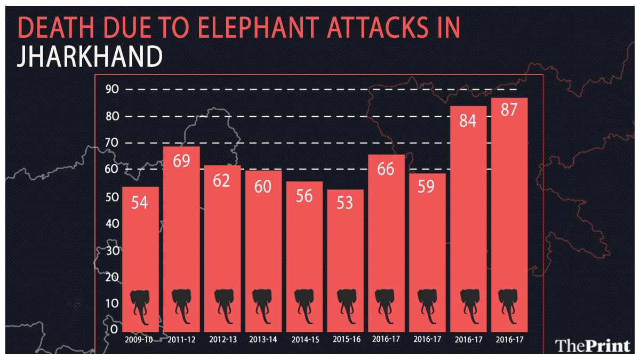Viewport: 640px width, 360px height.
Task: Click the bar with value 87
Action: pos(509,213)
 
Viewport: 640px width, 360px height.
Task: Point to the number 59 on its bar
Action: pos(427,188)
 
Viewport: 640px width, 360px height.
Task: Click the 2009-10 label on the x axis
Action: pos(140,339)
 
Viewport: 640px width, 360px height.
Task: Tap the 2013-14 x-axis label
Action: pos(263,339)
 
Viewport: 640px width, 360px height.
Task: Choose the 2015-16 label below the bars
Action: pos(345,339)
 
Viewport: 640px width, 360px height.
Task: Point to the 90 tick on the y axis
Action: pos(111,90)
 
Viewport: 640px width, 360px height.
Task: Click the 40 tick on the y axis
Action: pos(111,223)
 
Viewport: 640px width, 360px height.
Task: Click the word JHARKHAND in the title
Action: pos(89,57)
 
